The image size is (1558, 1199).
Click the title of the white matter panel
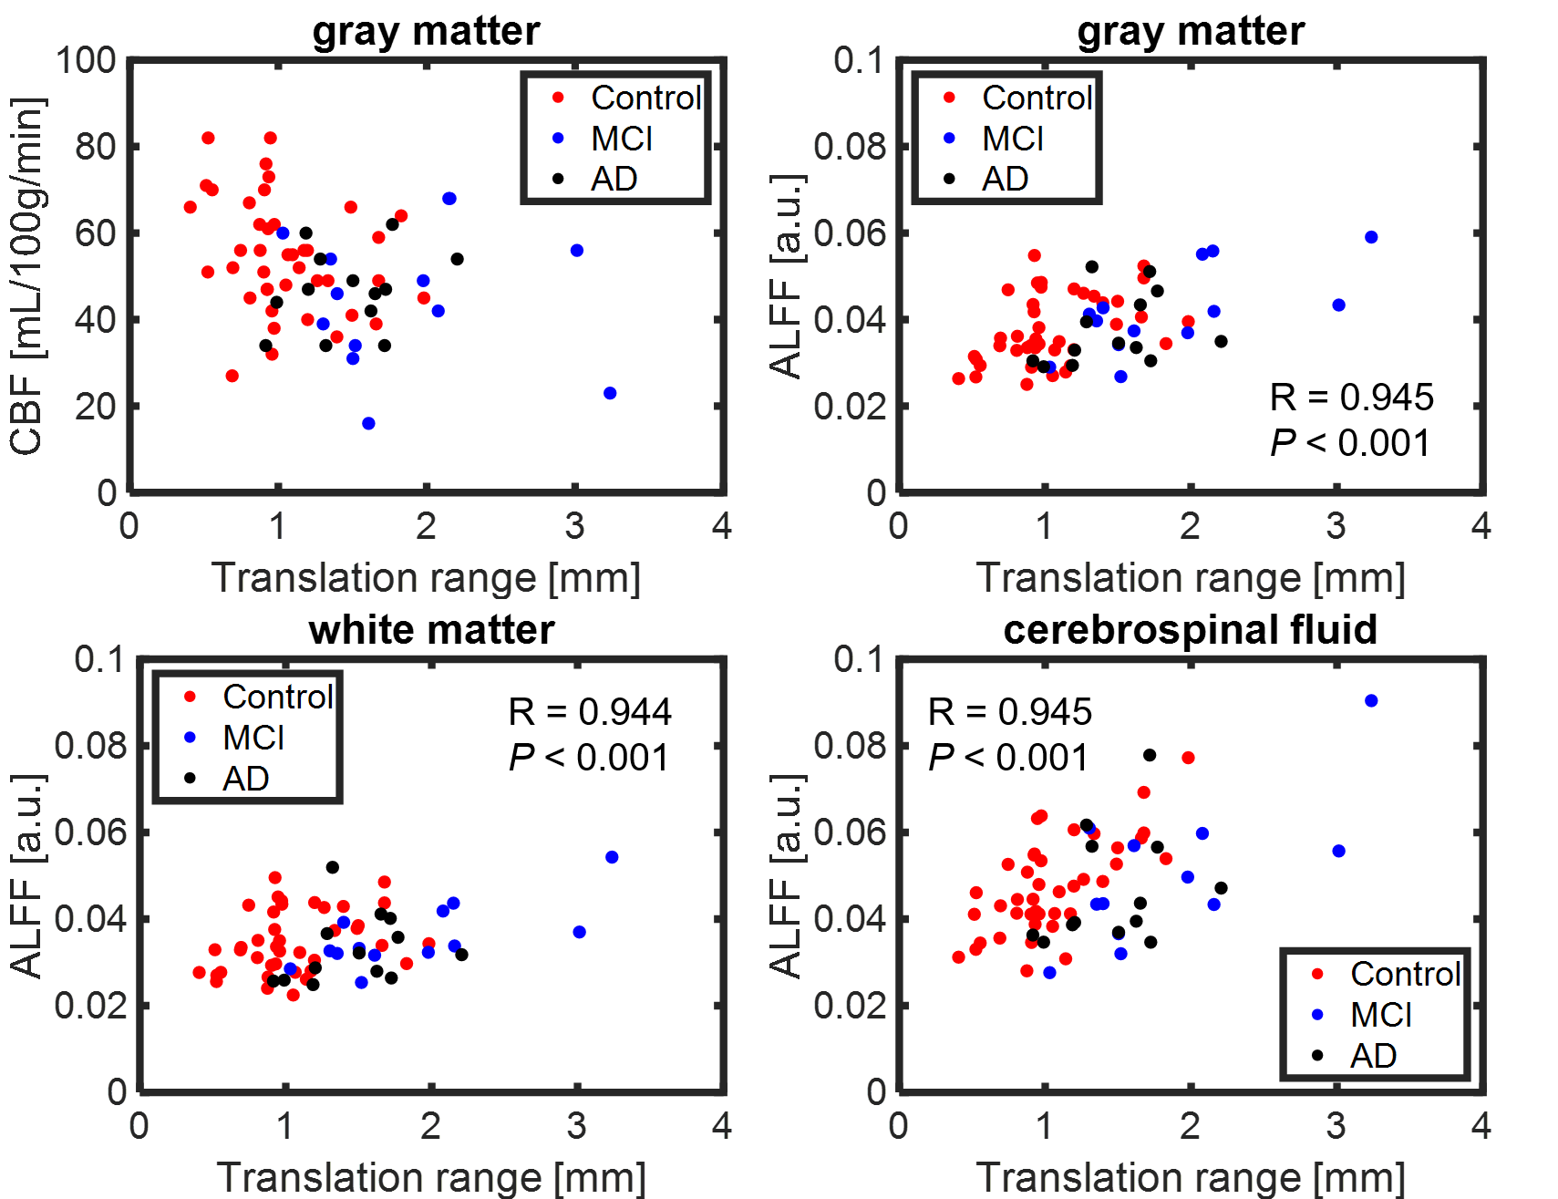431,630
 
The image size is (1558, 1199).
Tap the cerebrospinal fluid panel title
1190,630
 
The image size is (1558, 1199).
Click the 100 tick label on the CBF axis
86,61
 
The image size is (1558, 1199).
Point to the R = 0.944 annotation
590,712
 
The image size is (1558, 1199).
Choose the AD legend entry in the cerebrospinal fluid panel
1373,1056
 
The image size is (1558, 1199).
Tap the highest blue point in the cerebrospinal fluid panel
1371,700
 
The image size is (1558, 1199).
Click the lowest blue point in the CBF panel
368,423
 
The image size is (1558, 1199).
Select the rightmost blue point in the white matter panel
612,857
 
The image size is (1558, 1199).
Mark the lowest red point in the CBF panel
232,376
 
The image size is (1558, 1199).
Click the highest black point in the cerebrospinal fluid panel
1150,755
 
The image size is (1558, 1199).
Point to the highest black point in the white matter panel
332,867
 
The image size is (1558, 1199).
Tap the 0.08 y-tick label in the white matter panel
89,746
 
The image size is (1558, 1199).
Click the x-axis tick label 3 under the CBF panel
574,526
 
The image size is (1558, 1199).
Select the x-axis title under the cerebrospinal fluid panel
1190,1177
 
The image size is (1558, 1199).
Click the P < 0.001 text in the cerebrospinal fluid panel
1007,758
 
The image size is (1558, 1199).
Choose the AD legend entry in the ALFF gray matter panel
1005,179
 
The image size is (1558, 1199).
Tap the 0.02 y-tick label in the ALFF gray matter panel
849,406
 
